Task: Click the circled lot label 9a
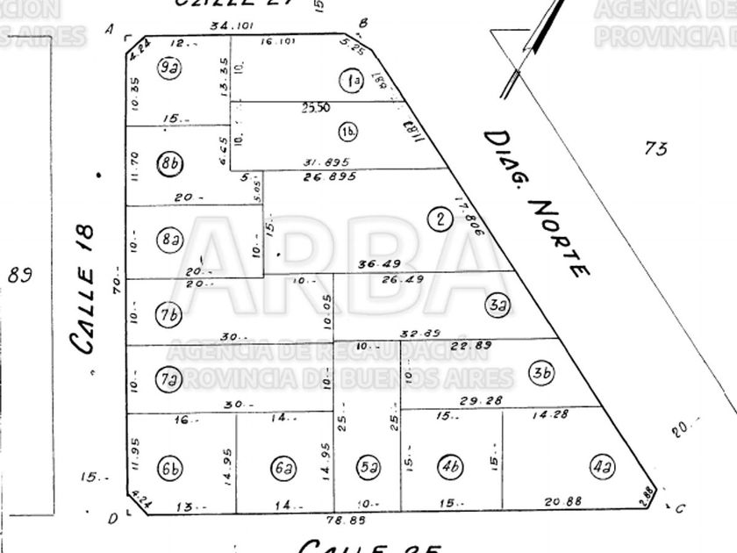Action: [169, 71]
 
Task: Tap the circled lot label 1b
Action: [348, 133]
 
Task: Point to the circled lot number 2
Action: [440, 218]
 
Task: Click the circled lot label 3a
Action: [497, 305]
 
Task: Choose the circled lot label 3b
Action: [541, 373]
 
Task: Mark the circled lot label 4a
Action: [602, 465]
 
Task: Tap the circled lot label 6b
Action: [169, 466]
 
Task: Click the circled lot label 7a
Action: [169, 379]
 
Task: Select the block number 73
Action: [655, 148]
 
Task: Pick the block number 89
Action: [19, 276]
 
